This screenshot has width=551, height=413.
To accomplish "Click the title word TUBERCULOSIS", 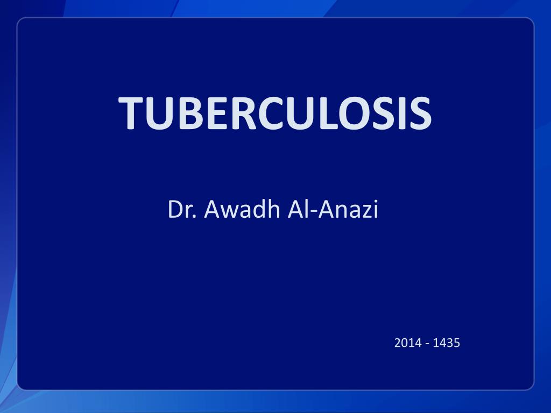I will (275, 113).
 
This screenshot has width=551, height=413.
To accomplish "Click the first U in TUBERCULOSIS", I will (159, 114).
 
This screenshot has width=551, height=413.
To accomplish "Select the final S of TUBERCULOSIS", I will (418, 114).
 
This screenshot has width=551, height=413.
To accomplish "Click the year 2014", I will (408, 342).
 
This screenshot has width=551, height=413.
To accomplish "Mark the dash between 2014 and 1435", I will (427, 343).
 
